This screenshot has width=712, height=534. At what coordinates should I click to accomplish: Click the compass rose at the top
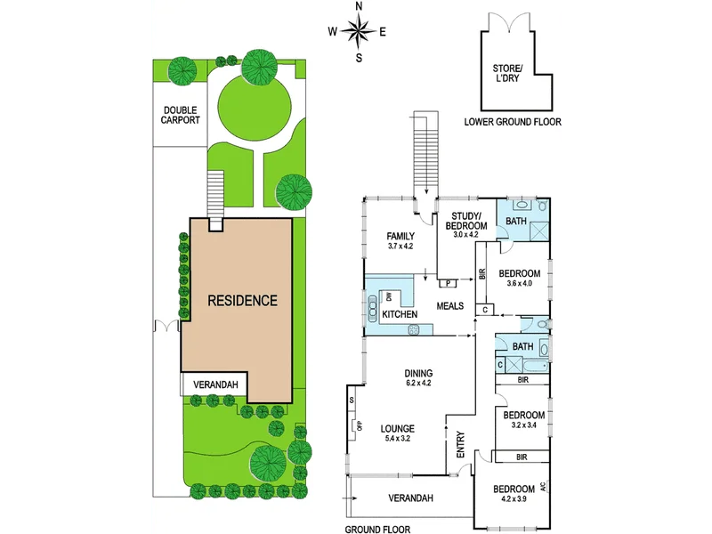point(359,33)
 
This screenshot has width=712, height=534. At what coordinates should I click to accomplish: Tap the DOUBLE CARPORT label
point(181,115)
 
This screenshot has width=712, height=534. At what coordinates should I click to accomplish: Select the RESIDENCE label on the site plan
point(242,300)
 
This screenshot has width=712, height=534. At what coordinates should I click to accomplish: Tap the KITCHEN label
point(400,315)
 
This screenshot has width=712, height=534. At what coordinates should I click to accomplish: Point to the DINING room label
point(417,373)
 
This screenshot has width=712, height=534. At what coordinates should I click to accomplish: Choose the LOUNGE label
point(398,428)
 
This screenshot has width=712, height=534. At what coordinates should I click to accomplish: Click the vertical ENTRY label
point(461,445)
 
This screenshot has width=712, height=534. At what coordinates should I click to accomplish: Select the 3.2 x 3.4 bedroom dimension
point(523,425)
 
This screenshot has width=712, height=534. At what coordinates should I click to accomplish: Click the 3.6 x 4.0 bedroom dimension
point(519,284)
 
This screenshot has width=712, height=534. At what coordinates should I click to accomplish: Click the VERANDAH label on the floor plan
point(410,498)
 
